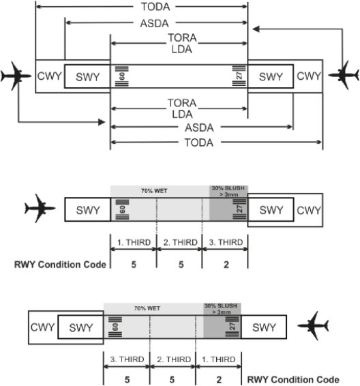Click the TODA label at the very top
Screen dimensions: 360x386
155,7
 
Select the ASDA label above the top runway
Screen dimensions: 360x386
155,23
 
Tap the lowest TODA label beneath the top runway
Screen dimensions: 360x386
199,143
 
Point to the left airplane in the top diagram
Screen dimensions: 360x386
16,76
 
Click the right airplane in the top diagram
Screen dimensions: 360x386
344,75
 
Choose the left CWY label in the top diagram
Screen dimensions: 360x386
50,76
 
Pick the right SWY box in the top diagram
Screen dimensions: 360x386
271,76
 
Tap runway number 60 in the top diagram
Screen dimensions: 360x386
122,76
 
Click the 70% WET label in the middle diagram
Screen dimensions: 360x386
154,191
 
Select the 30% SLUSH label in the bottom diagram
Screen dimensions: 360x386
221,309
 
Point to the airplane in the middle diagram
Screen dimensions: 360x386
40,208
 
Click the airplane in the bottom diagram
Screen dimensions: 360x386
313,326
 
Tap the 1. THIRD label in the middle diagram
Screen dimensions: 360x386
134,242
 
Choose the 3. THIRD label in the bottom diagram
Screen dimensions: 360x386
127,359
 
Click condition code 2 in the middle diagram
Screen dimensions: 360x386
226,265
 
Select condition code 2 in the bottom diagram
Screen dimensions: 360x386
219,380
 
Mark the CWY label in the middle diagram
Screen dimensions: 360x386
309,210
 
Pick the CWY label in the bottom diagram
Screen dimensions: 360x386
42,327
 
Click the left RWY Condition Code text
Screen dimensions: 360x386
60,265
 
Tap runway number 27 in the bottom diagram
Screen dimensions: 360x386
232,327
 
